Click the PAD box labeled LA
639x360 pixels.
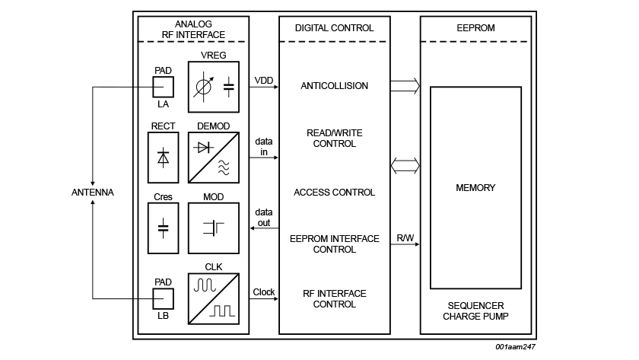[x=164, y=87]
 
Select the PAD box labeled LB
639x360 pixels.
[x=164, y=298]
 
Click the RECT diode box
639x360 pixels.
[x=164, y=158]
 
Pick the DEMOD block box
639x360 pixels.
[x=213, y=158]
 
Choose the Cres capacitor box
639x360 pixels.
[x=164, y=227]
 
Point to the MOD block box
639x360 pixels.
[x=213, y=227]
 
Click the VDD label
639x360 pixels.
[x=264, y=80]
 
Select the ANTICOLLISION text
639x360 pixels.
[x=334, y=86]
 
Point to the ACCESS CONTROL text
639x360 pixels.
[x=334, y=193]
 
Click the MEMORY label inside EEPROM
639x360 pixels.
[x=475, y=188]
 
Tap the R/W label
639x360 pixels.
[x=405, y=239]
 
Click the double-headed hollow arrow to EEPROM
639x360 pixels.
[x=405, y=165]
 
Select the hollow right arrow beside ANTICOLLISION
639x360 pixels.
[x=405, y=86]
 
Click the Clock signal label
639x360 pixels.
[x=264, y=292]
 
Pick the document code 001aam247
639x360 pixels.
[x=515, y=346]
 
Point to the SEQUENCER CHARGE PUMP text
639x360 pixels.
[x=475, y=310]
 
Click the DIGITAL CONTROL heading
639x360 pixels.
[x=334, y=28]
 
